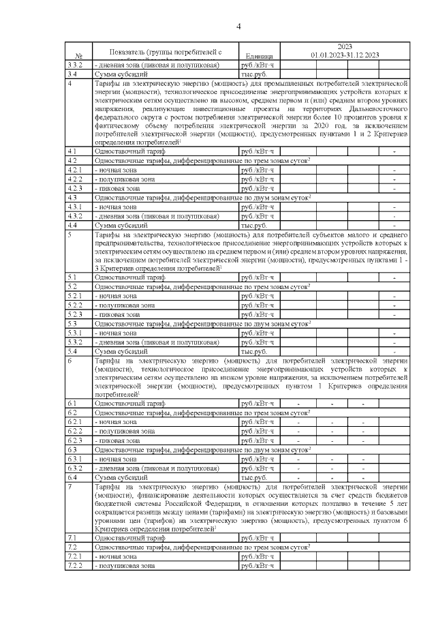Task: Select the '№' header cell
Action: (78, 55)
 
